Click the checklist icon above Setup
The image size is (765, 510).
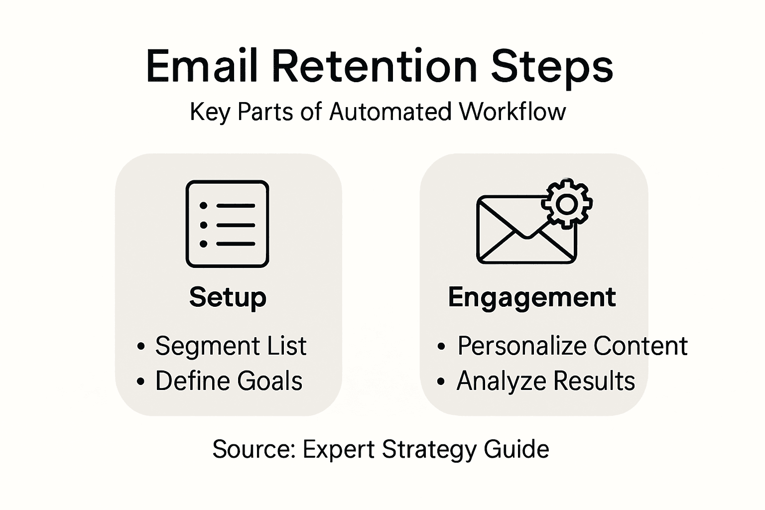point(228,224)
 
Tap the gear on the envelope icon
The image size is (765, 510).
point(567,204)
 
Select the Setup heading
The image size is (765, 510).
point(228,297)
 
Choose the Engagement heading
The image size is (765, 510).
point(531,297)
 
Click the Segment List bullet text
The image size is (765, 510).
point(231,346)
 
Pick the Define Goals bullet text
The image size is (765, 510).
point(229,381)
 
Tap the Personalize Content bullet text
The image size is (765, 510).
point(572,346)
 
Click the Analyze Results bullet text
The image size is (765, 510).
point(546,381)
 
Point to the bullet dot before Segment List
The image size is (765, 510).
point(141,347)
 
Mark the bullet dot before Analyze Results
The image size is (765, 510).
point(440,382)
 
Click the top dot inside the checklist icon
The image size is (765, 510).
point(203,206)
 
